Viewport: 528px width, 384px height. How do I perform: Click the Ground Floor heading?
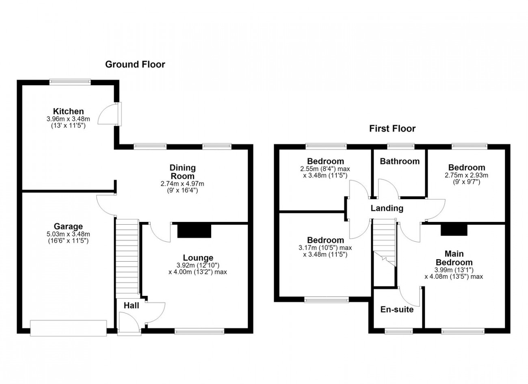click(135, 64)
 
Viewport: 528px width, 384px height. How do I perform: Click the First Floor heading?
click(392, 129)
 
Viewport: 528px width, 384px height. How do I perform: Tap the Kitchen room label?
click(68, 111)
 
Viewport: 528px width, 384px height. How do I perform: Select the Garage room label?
click(68, 226)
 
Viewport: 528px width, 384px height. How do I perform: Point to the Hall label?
click(132, 306)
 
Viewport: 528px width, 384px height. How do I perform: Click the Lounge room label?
click(198, 258)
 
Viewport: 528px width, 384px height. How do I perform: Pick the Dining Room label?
click(183, 172)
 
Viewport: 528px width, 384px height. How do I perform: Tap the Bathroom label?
click(400, 161)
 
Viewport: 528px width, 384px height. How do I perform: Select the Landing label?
click(387, 208)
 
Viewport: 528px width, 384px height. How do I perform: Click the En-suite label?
click(397, 310)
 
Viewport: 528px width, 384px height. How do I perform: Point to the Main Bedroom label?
click(454, 258)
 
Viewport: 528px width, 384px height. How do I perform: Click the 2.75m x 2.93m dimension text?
click(467, 175)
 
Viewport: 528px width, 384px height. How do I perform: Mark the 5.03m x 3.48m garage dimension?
click(68, 234)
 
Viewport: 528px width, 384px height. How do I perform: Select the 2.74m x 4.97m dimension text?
click(182, 184)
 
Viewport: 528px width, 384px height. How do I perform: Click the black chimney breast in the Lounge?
click(194, 231)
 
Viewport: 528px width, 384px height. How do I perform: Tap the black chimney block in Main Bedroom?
click(454, 230)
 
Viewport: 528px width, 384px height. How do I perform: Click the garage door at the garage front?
click(68, 328)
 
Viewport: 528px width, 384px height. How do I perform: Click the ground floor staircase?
click(127, 259)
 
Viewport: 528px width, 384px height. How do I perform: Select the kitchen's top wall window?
click(70, 82)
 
